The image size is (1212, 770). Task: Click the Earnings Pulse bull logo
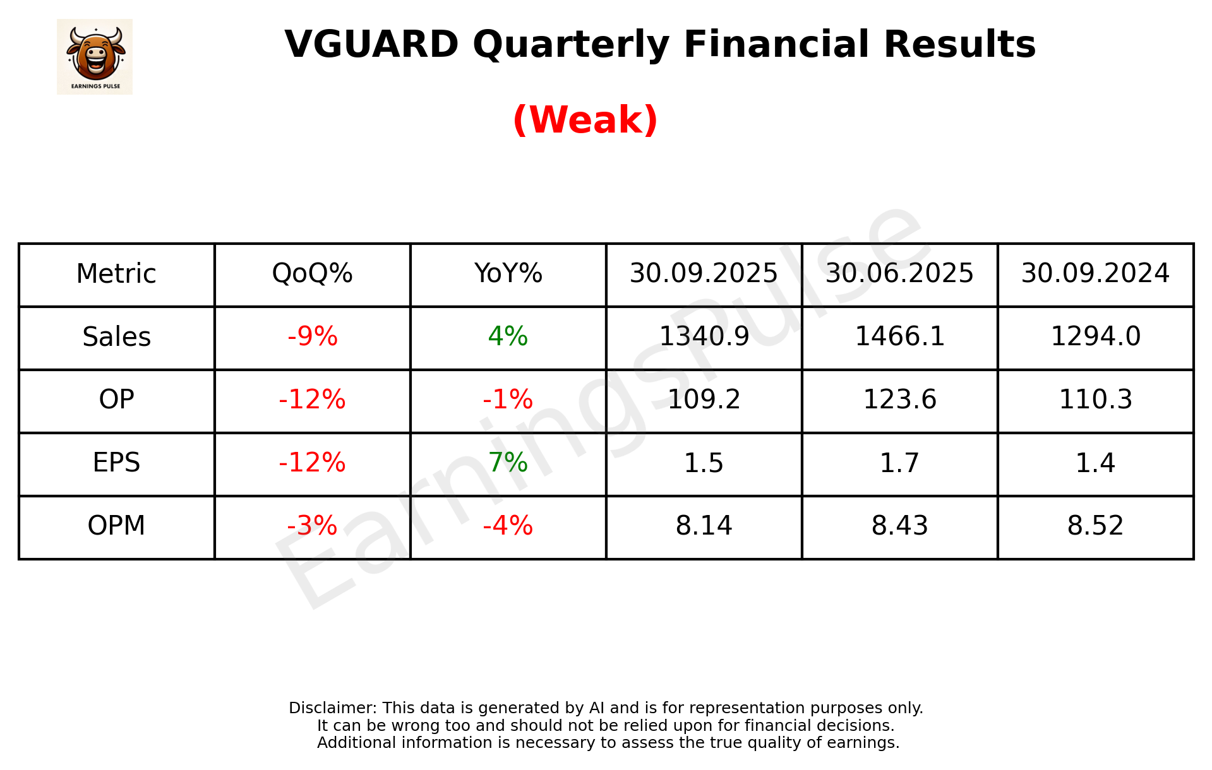(x=95, y=56)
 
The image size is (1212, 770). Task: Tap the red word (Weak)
(x=585, y=120)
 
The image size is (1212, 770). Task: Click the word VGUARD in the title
(x=371, y=45)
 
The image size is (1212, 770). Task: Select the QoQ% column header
(x=312, y=274)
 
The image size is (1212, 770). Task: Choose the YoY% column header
(x=508, y=274)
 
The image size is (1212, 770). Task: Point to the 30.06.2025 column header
(x=899, y=274)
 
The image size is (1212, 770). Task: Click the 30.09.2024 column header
(x=1095, y=274)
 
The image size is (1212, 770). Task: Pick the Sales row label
(x=117, y=337)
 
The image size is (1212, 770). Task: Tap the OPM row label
(x=117, y=526)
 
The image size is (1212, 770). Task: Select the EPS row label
(x=117, y=463)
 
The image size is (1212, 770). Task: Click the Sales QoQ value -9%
(x=312, y=337)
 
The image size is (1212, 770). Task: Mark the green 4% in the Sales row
(x=508, y=337)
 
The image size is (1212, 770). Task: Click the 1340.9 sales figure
(x=704, y=337)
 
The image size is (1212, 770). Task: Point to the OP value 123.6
(x=899, y=400)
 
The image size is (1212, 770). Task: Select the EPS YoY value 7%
(x=508, y=463)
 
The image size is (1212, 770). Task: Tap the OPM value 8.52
(x=1095, y=526)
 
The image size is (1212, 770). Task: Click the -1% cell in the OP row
(x=508, y=400)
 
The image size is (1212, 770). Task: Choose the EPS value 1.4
(x=1095, y=463)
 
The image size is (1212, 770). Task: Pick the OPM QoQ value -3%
(x=312, y=526)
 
